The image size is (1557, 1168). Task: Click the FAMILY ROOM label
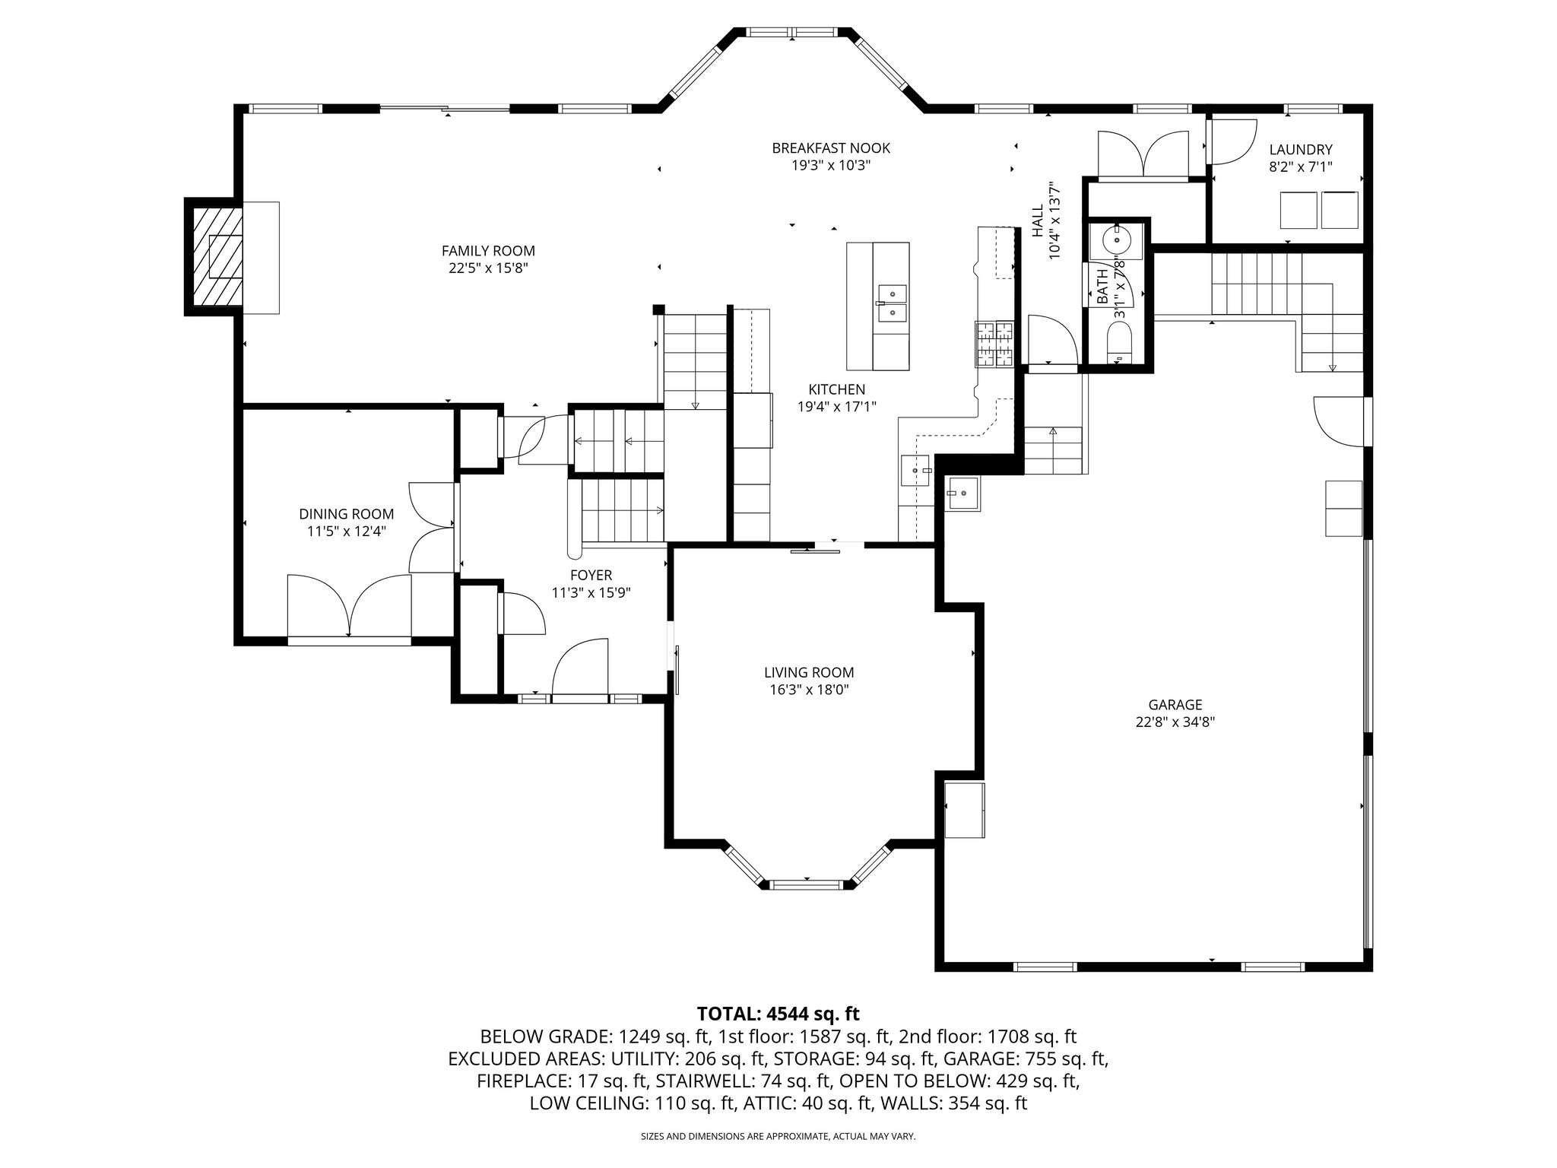[488, 251]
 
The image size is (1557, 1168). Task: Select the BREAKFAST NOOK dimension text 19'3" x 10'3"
[831, 166]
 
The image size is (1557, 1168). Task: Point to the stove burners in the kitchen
[994, 344]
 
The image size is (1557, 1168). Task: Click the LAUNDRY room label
[1300, 150]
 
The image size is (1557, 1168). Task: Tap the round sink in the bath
[1117, 240]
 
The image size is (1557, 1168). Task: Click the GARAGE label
[1175, 705]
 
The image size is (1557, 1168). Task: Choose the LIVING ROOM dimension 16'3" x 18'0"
[809, 690]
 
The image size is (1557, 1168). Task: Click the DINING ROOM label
[346, 514]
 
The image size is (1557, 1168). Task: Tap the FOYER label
[591, 576]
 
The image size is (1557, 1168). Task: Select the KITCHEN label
[836, 389]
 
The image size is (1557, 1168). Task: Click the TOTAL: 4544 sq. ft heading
[778, 1014]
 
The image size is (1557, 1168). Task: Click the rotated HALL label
[1038, 221]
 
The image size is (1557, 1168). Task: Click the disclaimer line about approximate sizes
[778, 1136]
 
